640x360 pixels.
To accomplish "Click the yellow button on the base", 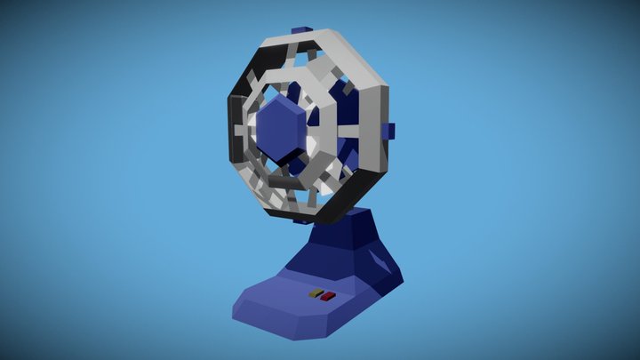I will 316,292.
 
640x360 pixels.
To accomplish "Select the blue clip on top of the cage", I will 300,33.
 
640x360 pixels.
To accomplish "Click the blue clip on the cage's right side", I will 388,132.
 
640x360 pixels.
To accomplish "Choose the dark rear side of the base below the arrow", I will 378,289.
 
